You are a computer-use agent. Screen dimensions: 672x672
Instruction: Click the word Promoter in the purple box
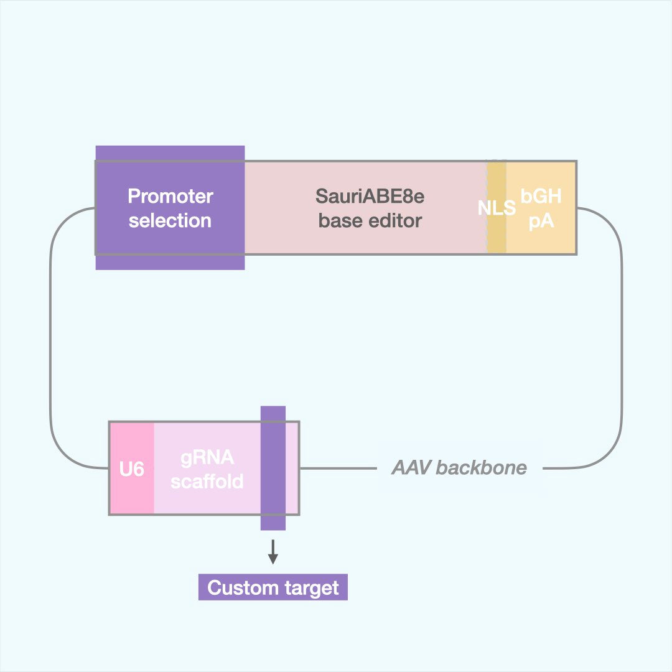click(x=170, y=197)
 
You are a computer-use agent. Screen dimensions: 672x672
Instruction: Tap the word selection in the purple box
click(x=170, y=220)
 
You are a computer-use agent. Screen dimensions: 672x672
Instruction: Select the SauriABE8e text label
click(x=370, y=197)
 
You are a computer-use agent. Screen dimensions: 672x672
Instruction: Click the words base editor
click(x=370, y=220)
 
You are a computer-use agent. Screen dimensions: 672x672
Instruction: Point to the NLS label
click(x=497, y=208)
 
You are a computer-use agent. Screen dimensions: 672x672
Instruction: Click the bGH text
click(x=541, y=197)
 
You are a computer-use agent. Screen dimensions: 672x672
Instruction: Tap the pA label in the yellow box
click(x=541, y=220)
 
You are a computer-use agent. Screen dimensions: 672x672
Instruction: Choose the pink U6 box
click(x=132, y=469)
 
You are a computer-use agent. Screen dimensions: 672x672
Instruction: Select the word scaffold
click(x=207, y=481)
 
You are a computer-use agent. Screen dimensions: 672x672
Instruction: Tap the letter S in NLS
click(x=510, y=208)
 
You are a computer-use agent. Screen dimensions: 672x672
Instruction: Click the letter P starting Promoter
click(x=133, y=197)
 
